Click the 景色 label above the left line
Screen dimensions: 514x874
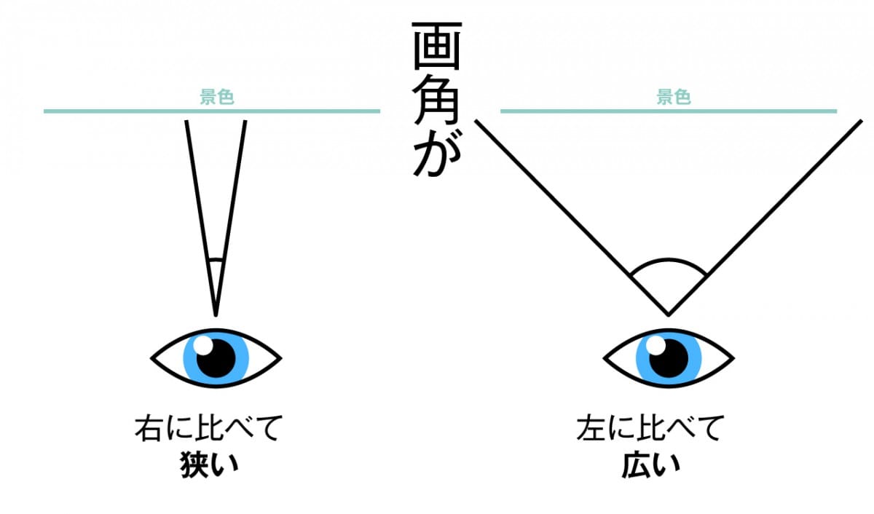click(217, 98)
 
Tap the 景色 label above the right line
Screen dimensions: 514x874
click(673, 98)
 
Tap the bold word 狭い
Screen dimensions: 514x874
click(209, 466)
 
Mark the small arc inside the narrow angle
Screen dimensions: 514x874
click(216, 259)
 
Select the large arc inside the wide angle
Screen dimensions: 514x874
click(668, 261)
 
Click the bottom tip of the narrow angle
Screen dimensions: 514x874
click(216, 314)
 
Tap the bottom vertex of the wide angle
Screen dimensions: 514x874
click(668, 314)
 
